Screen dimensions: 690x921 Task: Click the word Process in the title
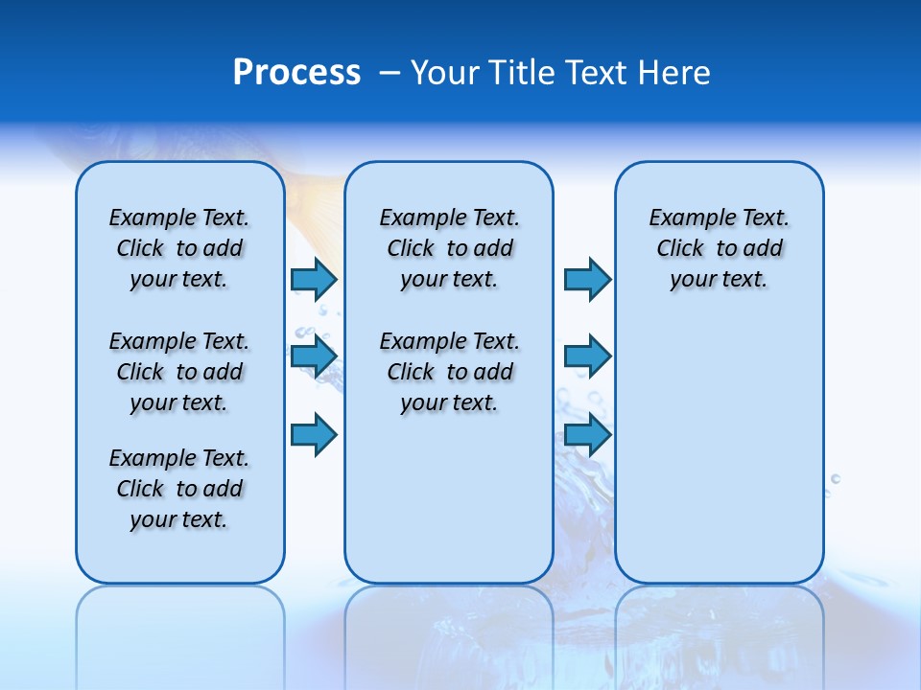(296, 73)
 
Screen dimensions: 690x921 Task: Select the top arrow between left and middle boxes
(314, 279)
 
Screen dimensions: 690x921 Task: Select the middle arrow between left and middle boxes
(314, 356)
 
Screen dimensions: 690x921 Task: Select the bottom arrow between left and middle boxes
(314, 434)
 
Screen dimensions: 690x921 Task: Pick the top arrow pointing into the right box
(587, 279)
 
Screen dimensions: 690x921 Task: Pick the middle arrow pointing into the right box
(587, 356)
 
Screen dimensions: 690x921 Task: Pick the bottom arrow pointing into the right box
(587, 434)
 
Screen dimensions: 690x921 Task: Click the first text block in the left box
(179, 248)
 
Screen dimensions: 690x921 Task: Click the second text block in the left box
(179, 372)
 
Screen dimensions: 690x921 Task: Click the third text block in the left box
(179, 489)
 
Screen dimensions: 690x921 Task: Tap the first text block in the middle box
(449, 248)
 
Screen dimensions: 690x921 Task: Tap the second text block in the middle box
(449, 372)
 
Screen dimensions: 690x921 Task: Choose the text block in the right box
(719, 248)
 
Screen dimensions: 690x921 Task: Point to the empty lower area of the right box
(719, 450)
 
